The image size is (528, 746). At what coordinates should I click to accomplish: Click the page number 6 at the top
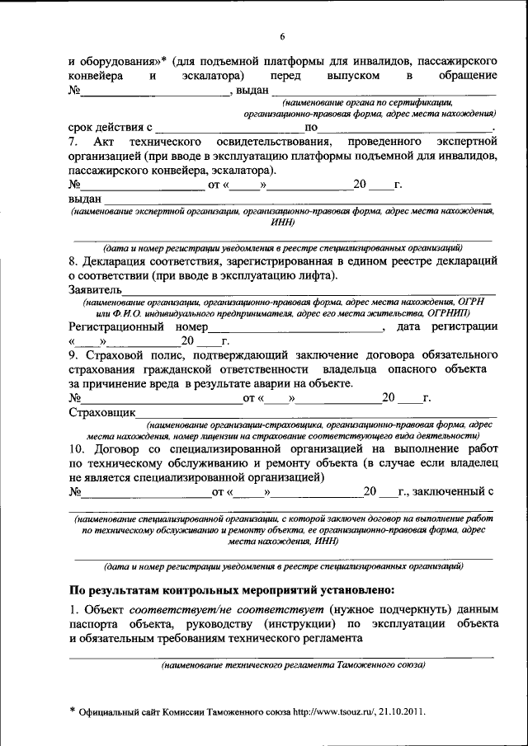pyautogui.click(x=281, y=37)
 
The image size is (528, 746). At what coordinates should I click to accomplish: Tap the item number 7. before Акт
pyautogui.click(x=73, y=143)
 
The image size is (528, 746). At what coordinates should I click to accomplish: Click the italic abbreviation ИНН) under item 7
pyautogui.click(x=281, y=222)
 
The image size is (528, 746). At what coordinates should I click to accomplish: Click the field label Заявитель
pyautogui.click(x=95, y=289)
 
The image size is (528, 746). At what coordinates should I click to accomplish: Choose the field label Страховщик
pyautogui.click(x=101, y=412)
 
